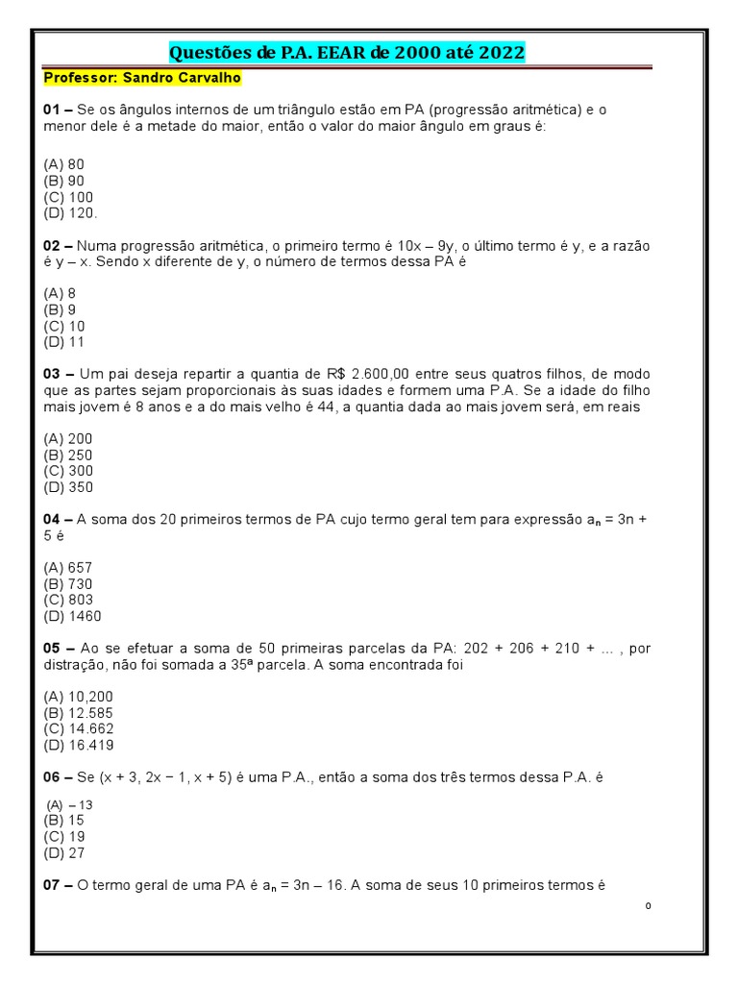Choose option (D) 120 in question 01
pos(70,213)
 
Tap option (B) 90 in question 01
pos(64,181)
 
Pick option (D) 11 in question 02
pos(64,342)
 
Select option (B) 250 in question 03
pos(67,455)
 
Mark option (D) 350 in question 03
pos(67,487)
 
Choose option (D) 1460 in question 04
pos(72,616)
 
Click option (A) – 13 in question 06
pos(70,805)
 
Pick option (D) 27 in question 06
pos(64,853)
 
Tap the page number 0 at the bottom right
pos(649,906)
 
